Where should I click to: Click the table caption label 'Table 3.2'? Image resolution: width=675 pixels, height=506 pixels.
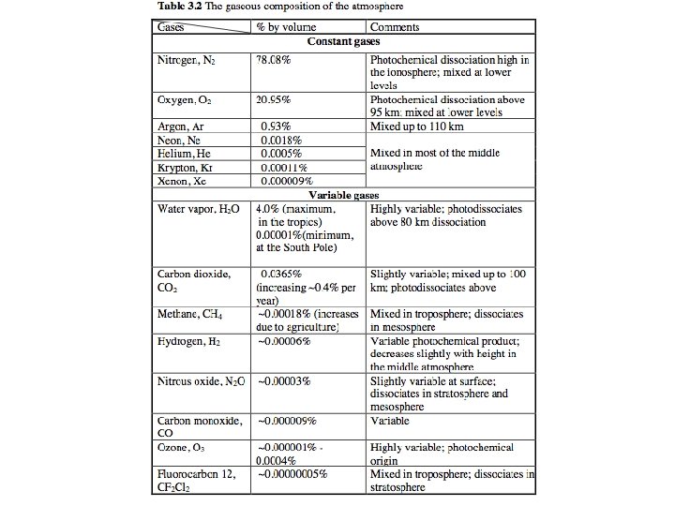tap(177, 7)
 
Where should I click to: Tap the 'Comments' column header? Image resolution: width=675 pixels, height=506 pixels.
tap(395, 28)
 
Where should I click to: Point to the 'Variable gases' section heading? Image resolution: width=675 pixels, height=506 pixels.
tap(345, 194)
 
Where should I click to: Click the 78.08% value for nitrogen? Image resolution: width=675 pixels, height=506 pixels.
tap(274, 60)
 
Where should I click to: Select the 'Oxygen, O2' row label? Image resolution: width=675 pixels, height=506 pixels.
tap(185, 99)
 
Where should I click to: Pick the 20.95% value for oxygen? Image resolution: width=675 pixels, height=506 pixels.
tap(274, 99)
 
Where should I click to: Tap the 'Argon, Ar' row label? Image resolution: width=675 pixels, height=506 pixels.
tap(180, 126)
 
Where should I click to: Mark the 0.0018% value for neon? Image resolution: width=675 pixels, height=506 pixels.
tap(282, 140)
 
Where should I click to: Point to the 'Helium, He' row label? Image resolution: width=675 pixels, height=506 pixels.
tap(182, 153)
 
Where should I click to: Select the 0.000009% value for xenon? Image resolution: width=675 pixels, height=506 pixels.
tap(287, 181)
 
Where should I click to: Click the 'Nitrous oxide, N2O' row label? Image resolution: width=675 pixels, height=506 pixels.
tap(197, 381)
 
